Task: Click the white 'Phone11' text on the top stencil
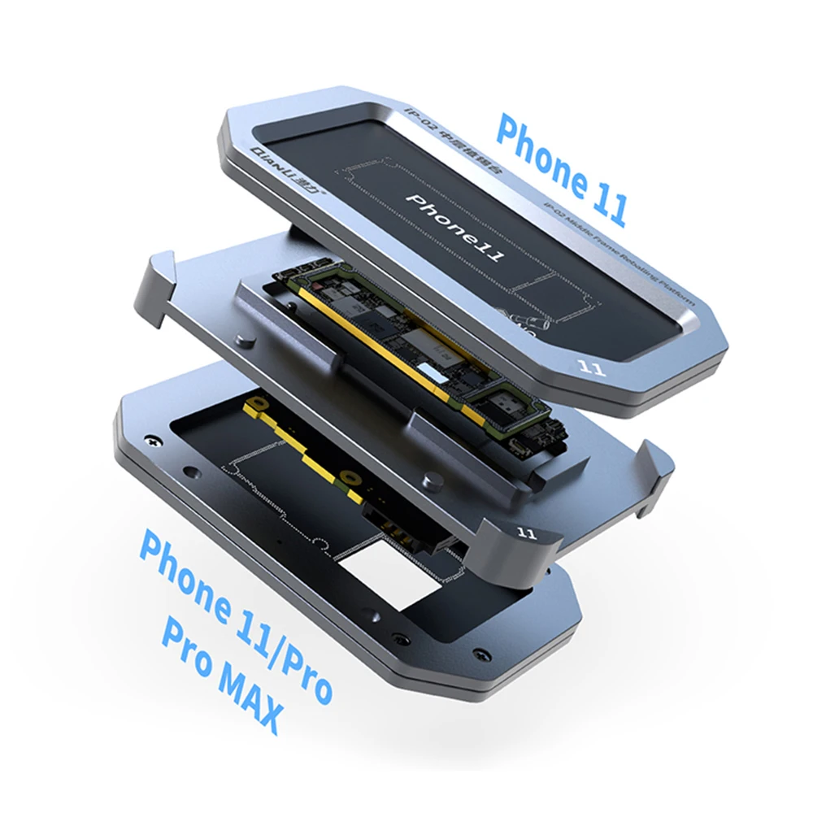pos(455,228)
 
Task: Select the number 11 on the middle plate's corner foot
pos(526,533)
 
